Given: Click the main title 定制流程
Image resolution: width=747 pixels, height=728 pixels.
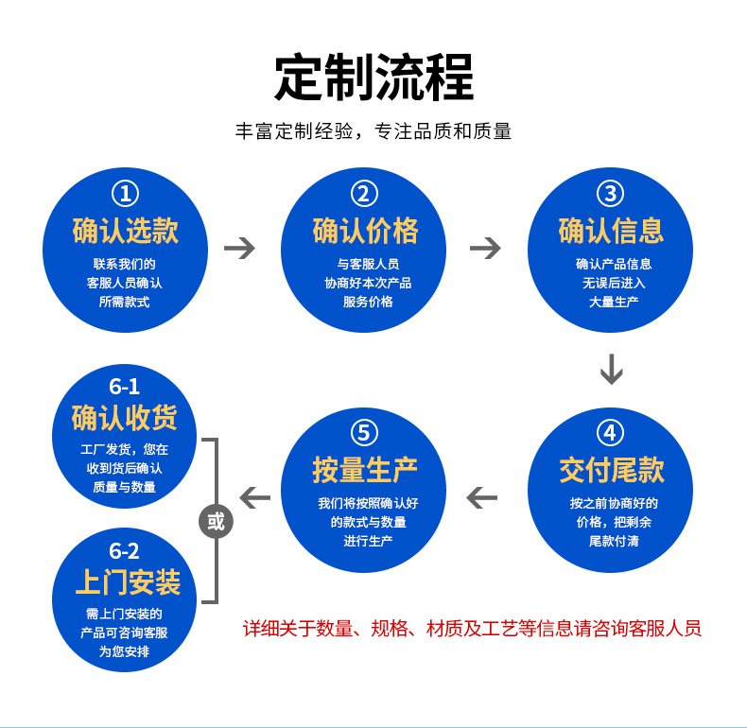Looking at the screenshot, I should coord(373,77).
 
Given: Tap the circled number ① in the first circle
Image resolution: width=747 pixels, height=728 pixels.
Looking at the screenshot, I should coord(125,194).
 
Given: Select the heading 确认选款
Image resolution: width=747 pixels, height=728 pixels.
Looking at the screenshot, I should coord(125,230).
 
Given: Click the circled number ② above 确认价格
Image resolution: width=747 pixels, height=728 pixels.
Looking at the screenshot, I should coord(365,194).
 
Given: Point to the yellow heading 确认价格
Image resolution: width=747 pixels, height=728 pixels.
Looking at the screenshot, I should coord(365,230).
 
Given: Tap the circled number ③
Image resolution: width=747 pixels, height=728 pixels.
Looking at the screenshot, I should coord(611,194).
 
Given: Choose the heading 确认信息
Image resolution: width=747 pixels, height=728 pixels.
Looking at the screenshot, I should coord(611,230).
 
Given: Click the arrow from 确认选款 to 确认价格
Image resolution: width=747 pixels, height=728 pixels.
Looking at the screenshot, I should coord(240,249).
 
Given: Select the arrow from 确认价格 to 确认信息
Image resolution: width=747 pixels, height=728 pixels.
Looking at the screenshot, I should coord(485,249).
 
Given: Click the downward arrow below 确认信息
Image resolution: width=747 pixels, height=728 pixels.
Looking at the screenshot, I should coord(612,369).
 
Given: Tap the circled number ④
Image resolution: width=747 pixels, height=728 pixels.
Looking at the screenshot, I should coord(611,433).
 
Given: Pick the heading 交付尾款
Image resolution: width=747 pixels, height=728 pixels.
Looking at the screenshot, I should coord(611,470).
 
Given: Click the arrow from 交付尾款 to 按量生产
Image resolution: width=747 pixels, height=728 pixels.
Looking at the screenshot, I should coord(482,496).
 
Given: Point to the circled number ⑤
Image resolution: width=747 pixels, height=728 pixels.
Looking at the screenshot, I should coord(365,433).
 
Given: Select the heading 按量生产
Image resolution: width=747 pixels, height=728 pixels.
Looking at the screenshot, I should coord(365,470).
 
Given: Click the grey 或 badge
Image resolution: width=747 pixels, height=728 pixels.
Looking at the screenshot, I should coord(217,521).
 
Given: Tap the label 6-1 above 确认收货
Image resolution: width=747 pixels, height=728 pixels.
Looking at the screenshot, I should coord(124,387).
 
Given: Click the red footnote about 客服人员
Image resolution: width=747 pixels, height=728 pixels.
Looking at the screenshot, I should coord(472,629).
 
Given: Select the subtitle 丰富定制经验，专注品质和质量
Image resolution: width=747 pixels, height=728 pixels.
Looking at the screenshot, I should coord(373,131).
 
